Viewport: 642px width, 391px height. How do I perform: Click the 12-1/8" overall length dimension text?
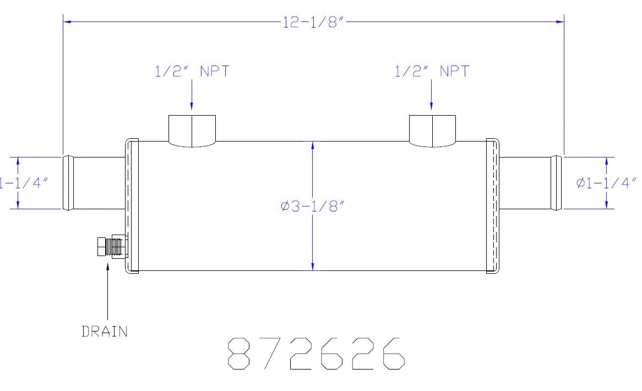click(x=312, y=22)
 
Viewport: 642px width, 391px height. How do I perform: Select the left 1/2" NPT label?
click(x=192, y=71)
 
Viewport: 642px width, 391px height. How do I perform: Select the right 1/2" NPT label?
click(x=432, y=71)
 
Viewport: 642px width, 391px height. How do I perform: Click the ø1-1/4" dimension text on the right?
click(x=606, y=183)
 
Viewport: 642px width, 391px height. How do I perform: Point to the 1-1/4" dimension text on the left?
click(x=24, y=183)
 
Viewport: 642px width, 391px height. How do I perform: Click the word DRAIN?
click(x=105, y=331)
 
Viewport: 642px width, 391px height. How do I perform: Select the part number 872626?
click(x=316, y=354)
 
